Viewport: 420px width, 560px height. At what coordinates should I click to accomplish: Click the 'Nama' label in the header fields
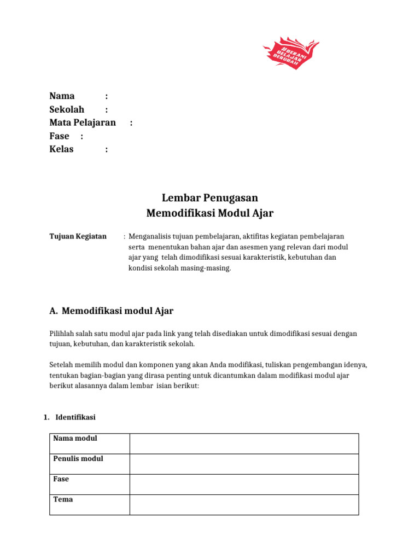(62, 96)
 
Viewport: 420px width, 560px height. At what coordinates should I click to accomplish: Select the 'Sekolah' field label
(67, 109)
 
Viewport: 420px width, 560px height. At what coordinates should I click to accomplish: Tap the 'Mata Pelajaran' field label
(83, 122)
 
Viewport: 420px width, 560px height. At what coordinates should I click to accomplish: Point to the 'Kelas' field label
(61, 149)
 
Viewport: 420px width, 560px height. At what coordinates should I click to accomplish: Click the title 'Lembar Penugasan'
(210, 197)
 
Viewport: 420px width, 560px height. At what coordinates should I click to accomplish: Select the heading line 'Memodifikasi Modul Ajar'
(210, 213)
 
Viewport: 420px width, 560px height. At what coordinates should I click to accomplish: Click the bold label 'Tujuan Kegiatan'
(78, 236)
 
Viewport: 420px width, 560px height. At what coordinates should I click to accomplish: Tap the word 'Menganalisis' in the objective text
(149, 236)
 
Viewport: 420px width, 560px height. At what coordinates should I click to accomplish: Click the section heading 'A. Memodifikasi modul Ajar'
(111, 311)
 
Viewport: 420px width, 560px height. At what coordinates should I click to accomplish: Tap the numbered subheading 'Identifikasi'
(75, 417)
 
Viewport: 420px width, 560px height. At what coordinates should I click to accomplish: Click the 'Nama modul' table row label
(75, 439)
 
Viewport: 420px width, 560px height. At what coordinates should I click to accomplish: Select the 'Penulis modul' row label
(78, 459)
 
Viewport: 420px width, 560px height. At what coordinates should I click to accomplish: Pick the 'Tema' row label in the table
(63, 499)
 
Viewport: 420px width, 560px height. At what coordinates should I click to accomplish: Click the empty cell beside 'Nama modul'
(244, 444)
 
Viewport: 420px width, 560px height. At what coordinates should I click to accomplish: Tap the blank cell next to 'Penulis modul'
(244, 464)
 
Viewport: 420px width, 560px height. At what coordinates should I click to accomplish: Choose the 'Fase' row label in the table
(61, 479)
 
